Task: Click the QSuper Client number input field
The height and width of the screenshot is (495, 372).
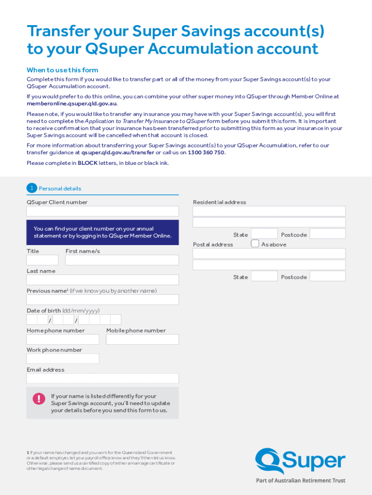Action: pyautogui.click(x=102, y=211)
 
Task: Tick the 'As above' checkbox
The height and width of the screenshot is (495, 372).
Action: pyautogui.click(x=255, y=244)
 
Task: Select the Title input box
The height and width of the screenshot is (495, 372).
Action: pyautogui.click(x=43, y=260)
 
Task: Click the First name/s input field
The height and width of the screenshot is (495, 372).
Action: pyautogui.click(x=122, y=260)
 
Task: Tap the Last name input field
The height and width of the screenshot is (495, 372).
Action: pyautogui.click(x=102, y=280)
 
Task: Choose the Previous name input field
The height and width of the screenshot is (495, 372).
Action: pyautogui.click(x=102, y=300)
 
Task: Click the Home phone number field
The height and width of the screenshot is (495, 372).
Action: pyautogui.click(x=63, y=339)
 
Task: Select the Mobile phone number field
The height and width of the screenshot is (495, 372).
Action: pyautogui.click(x=142, y=339)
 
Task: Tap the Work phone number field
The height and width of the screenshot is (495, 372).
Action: pyautogui.click(x=63, y=359)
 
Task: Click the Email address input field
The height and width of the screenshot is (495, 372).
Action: pyautogui.click(x=102, y=379)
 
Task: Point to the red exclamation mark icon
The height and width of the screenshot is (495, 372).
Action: pyautogui.click(x=39, y=398)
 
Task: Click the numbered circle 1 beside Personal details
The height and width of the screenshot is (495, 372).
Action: pyautogui.click(x=31, y=188)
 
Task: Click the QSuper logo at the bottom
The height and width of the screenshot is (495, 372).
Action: pyautogui.click(x=300, y=462)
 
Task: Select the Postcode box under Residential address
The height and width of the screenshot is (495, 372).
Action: pyautogui.click(x=328, y=234)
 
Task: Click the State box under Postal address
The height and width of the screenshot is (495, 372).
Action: pyautogui.click(x=264, y=276)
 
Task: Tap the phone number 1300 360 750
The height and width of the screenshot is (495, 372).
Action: pyautogui.click(x=206, y=152)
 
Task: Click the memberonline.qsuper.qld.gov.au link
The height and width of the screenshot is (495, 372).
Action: pyautogui.click(x=72, y=103)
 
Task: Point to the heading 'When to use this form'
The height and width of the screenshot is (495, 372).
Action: pyautogui.click(x=62, y=70)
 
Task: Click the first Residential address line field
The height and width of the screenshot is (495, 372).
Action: pyautogui.click(x=269, y=211)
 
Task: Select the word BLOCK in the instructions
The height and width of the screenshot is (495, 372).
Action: pyautogui.click(x=87, y=163)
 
